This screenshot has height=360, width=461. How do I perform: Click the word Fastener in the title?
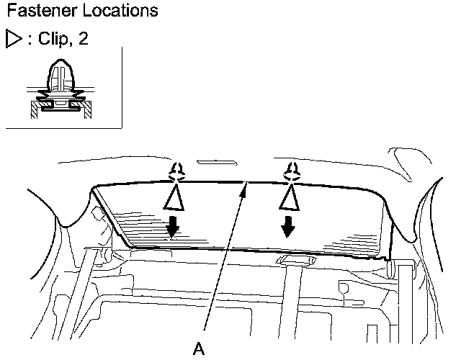click(x=36, y=12)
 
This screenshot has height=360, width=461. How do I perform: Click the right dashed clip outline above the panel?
click(x=290, y=170)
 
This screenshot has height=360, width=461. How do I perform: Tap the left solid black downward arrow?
click(x=173, y=228)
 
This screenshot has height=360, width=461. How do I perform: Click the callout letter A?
click(x=200, y=348)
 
